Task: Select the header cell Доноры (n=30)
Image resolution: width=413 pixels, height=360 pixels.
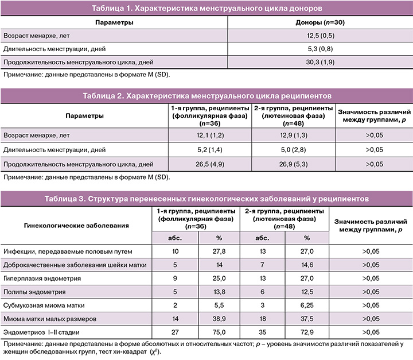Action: [x=320, y=22]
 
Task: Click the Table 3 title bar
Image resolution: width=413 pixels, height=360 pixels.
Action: [x=206, y=199]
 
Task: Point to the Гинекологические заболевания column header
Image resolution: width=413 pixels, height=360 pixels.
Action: [x=76, y=226]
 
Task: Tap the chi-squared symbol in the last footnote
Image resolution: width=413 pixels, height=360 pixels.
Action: [x=154, y=352]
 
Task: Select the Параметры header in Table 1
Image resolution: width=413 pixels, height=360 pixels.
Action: [x=114, y=22]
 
